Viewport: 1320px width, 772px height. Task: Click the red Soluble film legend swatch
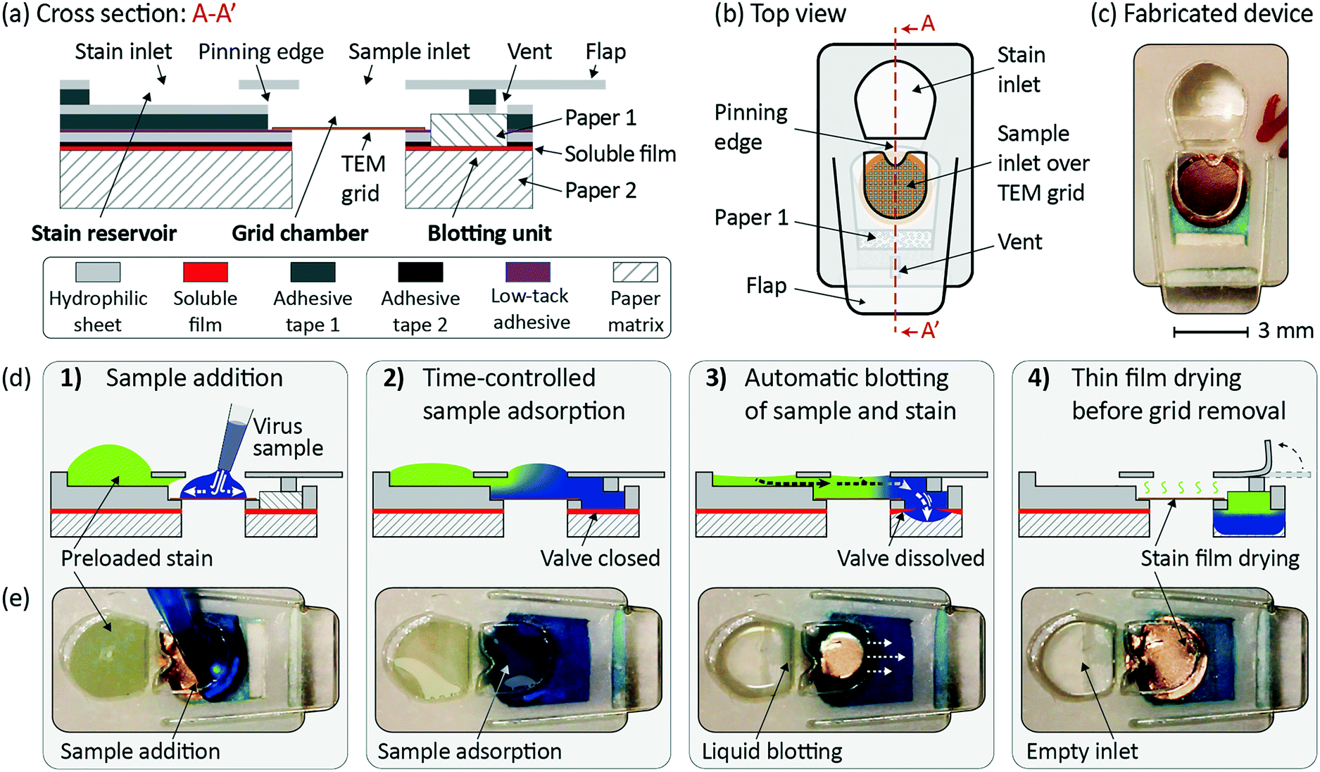click(x=205, y=272)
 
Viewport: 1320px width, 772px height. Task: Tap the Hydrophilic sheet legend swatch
click(x=97, y=272)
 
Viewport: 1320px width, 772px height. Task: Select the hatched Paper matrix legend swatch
click(x=635, y=272)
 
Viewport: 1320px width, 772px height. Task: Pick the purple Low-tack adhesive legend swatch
click(x=527, y=272)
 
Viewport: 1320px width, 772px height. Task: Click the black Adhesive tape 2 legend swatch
click(x=420, y=272)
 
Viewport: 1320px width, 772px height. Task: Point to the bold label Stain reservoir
click(x=103, y=233)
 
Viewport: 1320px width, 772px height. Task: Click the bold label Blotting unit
click(x=489, y=233)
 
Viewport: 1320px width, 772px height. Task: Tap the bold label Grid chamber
click(x=300, y=233)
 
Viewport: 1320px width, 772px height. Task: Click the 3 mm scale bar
click(x=1210, y=332)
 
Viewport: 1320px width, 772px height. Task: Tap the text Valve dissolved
click(x=910, y=558)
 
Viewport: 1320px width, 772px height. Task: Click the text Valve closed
click(x=600, y=558)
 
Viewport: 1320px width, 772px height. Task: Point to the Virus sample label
click(x=287, y=437)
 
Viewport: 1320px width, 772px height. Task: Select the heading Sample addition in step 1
click(x=194, y=378)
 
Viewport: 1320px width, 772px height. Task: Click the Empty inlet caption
click(x=1081, y=751)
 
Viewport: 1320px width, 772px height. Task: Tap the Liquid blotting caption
click(x=772, y=751)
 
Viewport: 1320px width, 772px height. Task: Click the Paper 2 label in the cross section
click(x=601, y=190)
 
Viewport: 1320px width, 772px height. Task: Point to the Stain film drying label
click(x=1220, y=558)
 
